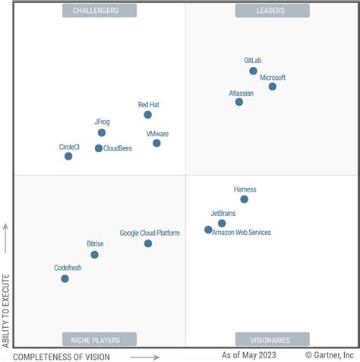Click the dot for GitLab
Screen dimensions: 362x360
pos(253,71)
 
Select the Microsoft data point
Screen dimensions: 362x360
pos(273,86)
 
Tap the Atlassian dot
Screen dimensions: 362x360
pos(239,101)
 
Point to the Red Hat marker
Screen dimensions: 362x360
pos(148,115)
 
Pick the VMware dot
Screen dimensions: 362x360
pos(156,142)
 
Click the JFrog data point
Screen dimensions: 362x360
pos(102,132)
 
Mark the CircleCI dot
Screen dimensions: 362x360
pos(68,156)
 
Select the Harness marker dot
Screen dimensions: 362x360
pos(244,199)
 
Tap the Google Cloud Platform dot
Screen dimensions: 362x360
pos(148,243)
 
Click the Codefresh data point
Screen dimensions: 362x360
pos(65,278)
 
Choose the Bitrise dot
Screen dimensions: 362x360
pos(95,255)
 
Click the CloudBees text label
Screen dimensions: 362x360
pos(118,148)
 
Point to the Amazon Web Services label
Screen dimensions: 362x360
pos(242,233)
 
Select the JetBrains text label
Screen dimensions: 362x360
pos(223,214)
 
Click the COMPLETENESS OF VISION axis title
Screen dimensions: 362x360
pos(62,356)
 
